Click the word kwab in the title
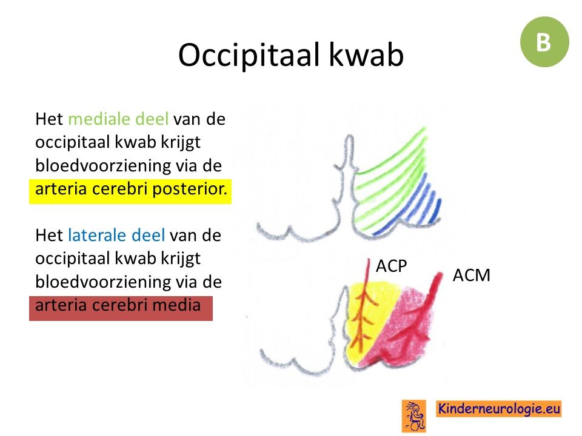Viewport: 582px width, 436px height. [x=367, y=54]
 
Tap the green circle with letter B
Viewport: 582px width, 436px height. [x=544, y=42]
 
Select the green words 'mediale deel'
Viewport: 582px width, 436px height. [x=118, y=119]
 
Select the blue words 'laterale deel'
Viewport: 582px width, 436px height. [x=116, y=235]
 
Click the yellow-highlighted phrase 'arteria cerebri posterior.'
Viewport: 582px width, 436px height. [x=131, y=189]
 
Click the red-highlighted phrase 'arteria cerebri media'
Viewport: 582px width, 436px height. [x=118, y=305]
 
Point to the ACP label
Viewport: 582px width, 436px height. [x=392, y=266]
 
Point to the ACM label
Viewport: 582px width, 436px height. [x=472, y=275]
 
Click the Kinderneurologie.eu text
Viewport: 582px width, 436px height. [x=499, y=409]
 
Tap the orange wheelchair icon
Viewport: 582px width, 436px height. [x=414, y=416]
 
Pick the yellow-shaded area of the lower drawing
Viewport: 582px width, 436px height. [x=366, y=319]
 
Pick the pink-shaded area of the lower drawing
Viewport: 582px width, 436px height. [x=404, y=326]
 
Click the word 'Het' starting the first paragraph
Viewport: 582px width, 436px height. [x=49, y=119]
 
